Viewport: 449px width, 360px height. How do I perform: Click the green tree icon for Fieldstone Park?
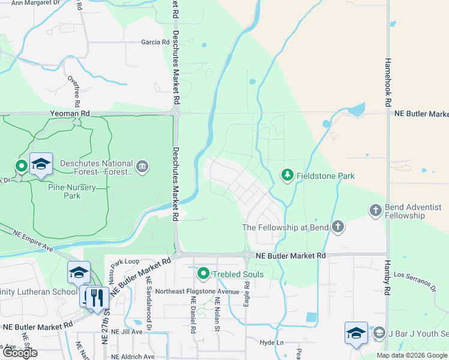coord(288,175)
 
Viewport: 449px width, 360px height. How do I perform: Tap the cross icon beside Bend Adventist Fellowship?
coord(375,210)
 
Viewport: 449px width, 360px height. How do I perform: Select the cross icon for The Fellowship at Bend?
coord(338,227)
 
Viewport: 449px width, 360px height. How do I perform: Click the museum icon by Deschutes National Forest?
coord(142,166)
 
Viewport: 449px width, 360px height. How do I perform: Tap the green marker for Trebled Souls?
coord(203,274)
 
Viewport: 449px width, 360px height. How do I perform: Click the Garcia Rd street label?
coord(155,42)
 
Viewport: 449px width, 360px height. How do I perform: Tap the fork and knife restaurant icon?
coord(97,298)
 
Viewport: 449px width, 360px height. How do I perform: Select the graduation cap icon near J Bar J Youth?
coord(355,333)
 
